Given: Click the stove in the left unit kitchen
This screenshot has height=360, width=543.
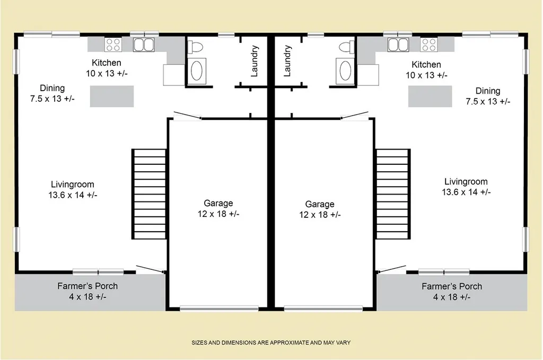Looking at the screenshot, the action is click(113, 45).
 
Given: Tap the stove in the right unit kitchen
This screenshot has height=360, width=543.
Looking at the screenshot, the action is click(428, 45).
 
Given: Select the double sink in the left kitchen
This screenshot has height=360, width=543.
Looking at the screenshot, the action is click(144, 45).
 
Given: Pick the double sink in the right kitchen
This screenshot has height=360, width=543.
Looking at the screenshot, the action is click(398, 45).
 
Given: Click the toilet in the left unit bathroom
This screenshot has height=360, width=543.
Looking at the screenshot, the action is click(195, 47).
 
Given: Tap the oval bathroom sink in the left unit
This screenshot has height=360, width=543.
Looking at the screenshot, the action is click(196, 71).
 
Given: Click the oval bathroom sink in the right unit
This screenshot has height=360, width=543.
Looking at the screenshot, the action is click(345, 71).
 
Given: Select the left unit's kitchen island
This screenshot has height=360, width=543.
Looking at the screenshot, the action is click(112, 96).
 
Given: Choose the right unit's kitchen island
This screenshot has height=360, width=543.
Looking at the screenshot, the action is click(430, 96).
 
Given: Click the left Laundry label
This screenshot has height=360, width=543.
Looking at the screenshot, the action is click(254, 61).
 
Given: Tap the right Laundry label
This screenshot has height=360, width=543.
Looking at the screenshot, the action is click(287, 61).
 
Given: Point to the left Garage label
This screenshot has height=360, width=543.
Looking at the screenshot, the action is click(218, 203).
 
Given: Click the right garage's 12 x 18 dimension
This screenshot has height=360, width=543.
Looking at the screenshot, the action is click(320, 215).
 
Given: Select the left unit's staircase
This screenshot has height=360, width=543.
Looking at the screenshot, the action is click(150, 194).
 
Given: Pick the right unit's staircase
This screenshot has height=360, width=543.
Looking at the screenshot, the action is click(393, 194).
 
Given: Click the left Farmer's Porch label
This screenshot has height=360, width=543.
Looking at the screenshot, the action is click(87, 286).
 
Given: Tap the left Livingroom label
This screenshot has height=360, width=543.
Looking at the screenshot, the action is click(73, 185).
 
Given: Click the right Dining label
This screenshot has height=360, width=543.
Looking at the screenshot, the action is click(488, 91).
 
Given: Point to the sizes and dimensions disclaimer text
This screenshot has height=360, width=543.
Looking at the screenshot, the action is click(271, 343).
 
